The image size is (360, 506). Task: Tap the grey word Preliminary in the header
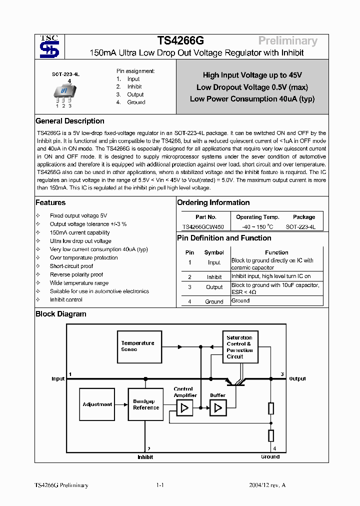point(287,41)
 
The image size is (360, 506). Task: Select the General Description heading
point(70,121)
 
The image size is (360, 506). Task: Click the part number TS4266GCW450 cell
point(206,226)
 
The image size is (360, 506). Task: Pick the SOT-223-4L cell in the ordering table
point(300,226)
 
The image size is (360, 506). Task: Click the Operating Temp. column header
point(257,217)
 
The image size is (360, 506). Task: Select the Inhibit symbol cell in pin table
point(214,276)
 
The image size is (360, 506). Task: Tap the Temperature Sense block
point(139,346)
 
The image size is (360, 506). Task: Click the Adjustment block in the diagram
point(97,404)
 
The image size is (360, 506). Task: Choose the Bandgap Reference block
point(146,404)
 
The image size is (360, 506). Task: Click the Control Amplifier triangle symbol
point(184,408)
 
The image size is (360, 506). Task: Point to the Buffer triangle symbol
point(218,408)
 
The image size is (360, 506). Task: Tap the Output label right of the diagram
point(297,378)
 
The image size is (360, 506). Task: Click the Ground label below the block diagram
point(270,456)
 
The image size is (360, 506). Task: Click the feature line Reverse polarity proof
point(76,274)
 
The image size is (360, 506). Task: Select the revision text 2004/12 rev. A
point(267,485)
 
